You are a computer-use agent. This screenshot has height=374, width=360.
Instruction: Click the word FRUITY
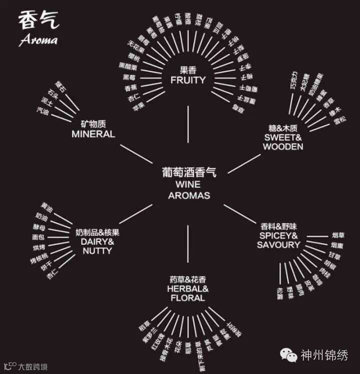[187, 80]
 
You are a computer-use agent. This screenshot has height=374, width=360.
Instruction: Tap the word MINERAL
[93, 134]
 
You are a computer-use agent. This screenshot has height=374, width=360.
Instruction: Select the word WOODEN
[282, 147]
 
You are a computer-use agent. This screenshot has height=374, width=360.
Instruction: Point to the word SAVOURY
[278, 245]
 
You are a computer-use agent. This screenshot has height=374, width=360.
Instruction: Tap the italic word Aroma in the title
[38, 40]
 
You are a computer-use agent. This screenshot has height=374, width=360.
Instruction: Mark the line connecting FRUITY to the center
[188, 125]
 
